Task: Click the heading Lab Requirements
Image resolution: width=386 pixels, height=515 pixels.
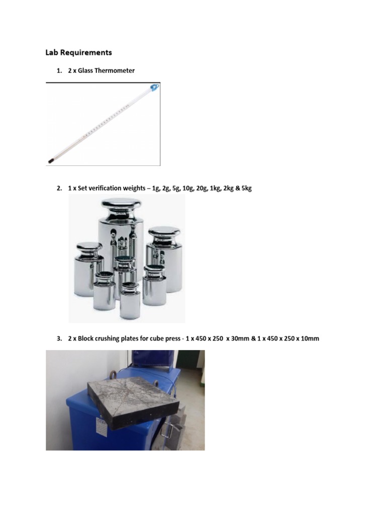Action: pos(78,52)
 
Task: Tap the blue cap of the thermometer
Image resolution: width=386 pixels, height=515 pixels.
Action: pos(154,89)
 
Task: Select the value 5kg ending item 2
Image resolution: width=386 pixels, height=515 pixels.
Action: pos(245,189)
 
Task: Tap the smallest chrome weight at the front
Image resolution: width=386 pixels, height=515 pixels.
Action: pos(130,300)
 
